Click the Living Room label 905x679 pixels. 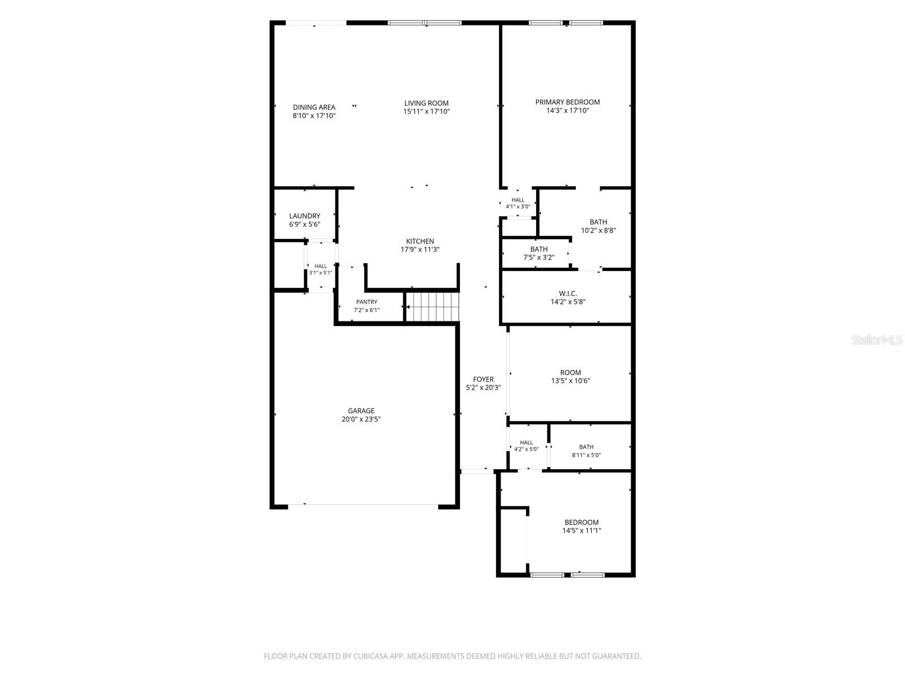(426, 103)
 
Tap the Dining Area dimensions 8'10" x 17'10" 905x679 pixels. (314, 116)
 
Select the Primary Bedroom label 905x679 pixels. (567, 102)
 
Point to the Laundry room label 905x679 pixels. (305, 216)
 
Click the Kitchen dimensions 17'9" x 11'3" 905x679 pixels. (420, 250)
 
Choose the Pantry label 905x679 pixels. (367, 302)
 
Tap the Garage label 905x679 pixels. (361, 411)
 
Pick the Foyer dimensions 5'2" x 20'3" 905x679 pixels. (483, 388)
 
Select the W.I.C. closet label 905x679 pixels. (568, 294)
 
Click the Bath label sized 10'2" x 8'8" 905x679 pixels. (598, 222)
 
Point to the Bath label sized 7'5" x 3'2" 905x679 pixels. (539, 249)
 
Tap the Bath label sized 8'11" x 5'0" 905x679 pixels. (587, 447)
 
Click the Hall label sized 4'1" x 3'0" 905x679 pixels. (518, 200)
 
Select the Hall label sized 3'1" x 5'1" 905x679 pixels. (320, 267)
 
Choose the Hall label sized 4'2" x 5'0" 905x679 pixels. (526, 442)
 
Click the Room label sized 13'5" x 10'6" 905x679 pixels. (571, 372)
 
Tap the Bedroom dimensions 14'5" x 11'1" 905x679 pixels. (582, 531)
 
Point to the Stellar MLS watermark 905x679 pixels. (877, 339)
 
